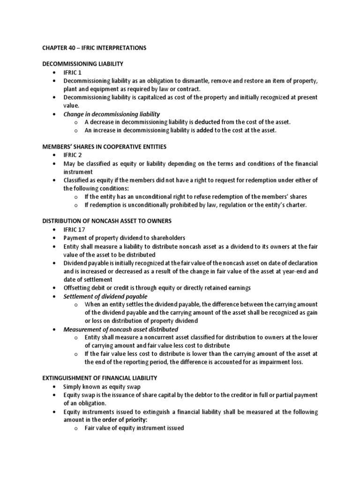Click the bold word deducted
[210, 122]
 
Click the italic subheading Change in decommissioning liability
[112, 114]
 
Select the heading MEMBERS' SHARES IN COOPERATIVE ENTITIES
[104, 147]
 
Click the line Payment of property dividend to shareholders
[124, 238]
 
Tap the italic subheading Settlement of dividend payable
[105, 296]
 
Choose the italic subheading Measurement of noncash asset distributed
[120, 329]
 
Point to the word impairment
[261, 362]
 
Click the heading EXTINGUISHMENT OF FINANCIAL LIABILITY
[99, 378]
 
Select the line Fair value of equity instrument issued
[134, 428]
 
